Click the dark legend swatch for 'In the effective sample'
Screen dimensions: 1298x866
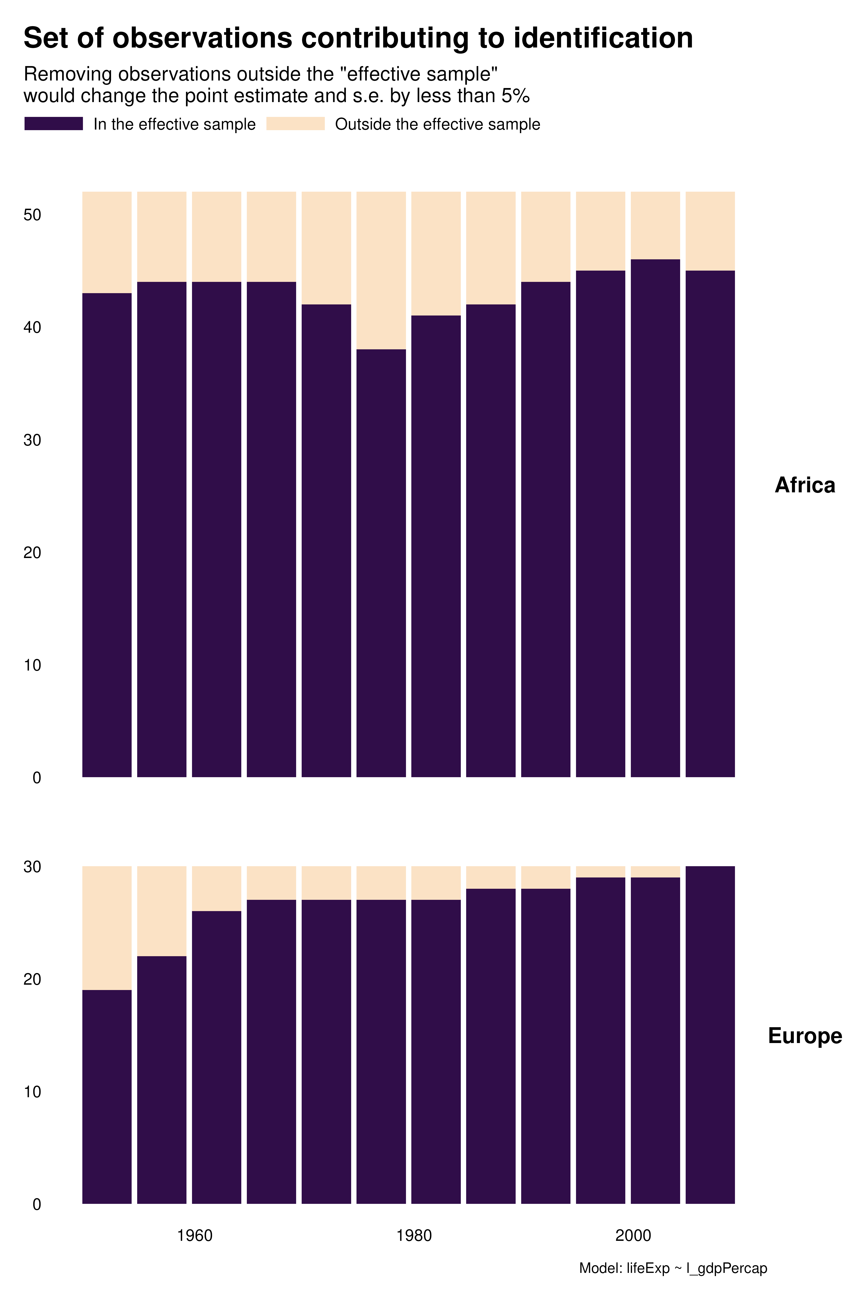pos(54,124)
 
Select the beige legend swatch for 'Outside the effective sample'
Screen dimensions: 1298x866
pos(296,124)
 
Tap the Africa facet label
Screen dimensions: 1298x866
pos(805,485)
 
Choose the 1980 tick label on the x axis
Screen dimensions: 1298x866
pos(414,1236)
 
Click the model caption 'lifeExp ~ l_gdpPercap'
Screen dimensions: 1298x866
pos(673,1268)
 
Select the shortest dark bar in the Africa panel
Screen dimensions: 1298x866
pos(381,563)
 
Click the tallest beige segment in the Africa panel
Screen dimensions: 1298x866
pos(381,270)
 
